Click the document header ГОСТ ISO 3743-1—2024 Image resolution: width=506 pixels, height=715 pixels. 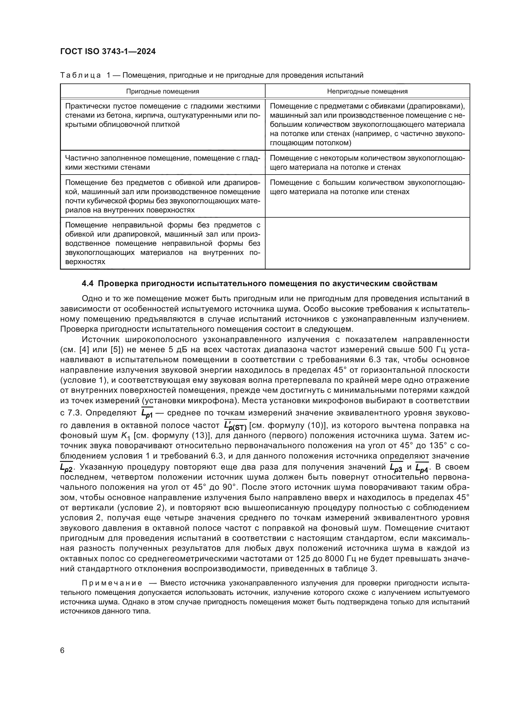pos(108,52)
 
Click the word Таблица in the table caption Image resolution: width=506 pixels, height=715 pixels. pos(80,76)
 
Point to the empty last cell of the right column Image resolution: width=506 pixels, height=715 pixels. pos(367,243)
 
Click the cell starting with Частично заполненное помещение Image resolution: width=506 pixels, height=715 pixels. pos(162,163)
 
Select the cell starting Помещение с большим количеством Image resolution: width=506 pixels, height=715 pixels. pos(367,187)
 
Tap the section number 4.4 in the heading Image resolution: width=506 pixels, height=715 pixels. pos(88,284)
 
